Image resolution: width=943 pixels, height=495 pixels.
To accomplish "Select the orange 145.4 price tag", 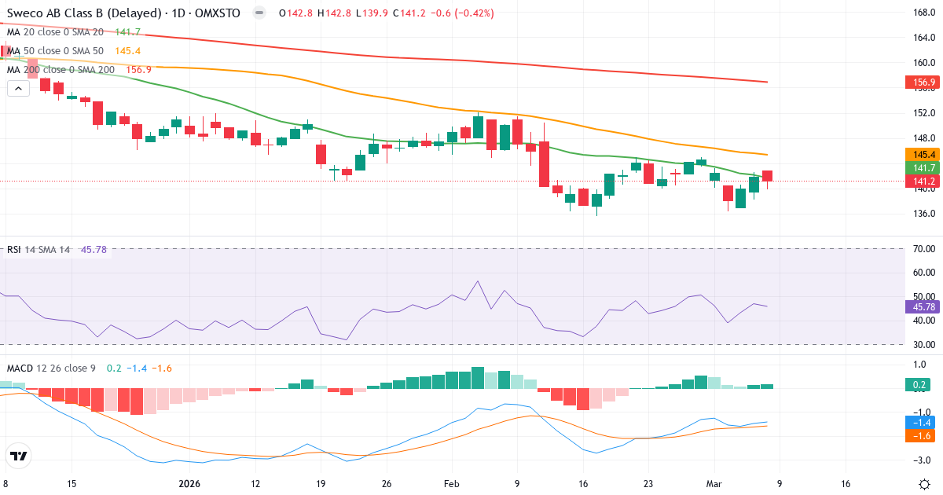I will click(919, 155).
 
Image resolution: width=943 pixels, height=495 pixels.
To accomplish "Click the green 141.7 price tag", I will click(919, 168).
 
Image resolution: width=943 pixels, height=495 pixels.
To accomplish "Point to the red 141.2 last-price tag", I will click(919, 181).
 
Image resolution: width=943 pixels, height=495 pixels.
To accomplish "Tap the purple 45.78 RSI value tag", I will click(919, 306).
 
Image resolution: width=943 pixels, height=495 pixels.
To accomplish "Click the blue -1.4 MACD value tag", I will click(919, 422).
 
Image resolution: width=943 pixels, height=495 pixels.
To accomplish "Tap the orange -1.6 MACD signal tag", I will click(919, 435).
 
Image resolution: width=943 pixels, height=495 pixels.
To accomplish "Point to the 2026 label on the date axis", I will click(190, 483).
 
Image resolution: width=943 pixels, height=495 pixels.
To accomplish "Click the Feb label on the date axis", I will click(451, 483).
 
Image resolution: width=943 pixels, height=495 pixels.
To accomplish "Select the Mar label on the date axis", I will click(712, 483).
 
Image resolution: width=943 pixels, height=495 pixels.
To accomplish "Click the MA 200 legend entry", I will click(61, 70).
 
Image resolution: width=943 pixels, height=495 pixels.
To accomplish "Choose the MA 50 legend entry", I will click(55, 51).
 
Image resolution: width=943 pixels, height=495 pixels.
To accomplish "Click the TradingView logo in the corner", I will click(19, 456).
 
